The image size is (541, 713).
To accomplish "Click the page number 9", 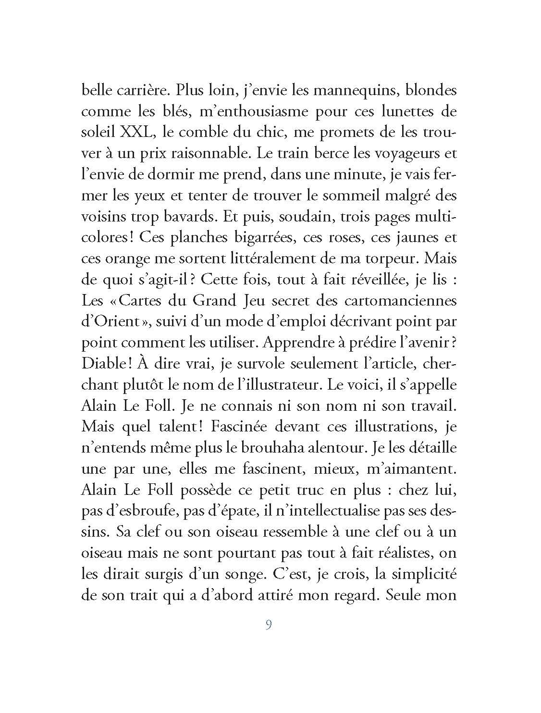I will coord(269,625).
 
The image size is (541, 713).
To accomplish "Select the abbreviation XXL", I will coord(136,132).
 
